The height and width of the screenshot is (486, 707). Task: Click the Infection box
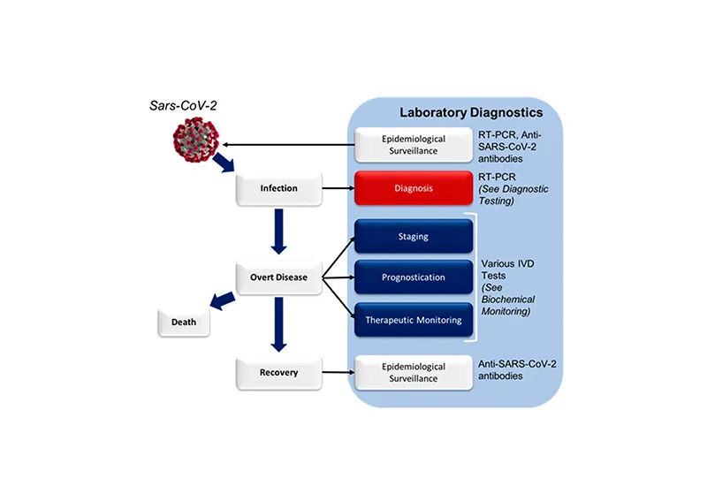pos(278,188)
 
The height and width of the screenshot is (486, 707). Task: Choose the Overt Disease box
pos(278,277)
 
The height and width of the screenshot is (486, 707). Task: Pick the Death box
pos(185,323)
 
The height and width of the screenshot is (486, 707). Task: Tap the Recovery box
pos(278,372)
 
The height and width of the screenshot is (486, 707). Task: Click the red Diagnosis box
pos(414,188)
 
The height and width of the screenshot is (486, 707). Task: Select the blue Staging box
pos(414,237)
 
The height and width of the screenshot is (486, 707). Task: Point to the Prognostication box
pos(414,277)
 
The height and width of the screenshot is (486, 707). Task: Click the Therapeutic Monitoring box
pos(414,320)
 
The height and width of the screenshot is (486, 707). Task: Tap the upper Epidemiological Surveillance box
pos(414,144)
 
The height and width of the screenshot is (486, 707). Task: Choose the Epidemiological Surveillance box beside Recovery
pos(414,372)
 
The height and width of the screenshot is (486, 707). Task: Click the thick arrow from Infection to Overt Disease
pos(278,232)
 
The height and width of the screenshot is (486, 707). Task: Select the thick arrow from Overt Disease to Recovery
pos(278,323)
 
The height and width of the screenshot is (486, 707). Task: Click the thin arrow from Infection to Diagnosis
pos(338,188)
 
